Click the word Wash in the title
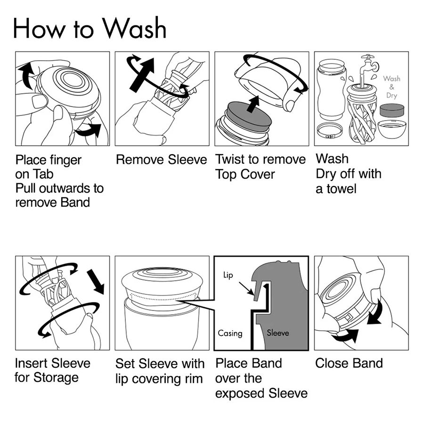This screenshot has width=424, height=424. (x=134, y=28)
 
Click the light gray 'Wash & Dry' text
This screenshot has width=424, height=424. (x=391, y=87)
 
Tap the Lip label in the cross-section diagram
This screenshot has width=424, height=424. (x=228, y=275)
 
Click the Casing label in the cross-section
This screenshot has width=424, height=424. (x=230, y=333)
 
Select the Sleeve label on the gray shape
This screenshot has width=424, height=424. (x=277, y=333)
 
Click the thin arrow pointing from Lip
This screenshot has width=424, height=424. (x=246, y=288)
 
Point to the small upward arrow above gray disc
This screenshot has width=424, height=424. (x=253, y=104)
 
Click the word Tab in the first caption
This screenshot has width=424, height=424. (x=43, y=174)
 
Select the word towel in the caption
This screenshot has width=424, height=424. (x=342, y=189)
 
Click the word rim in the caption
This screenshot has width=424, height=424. (x=194, y=379)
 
